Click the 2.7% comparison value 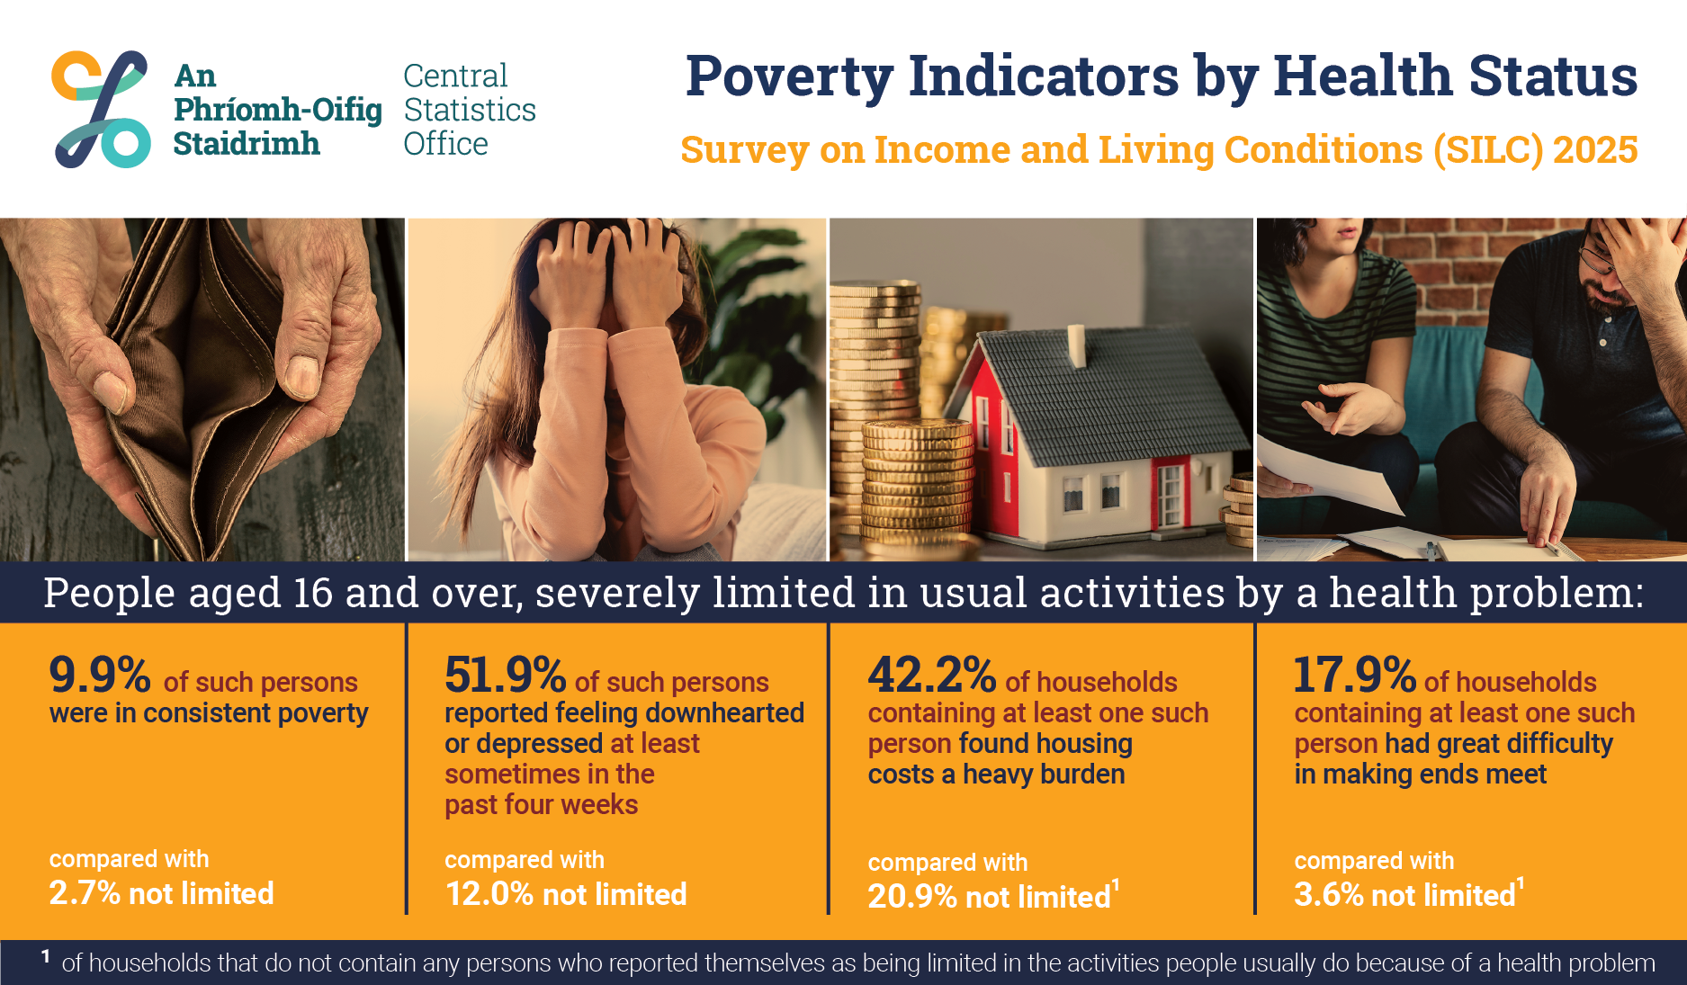click(x=85, y=893)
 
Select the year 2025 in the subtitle click(x=1595, y=149)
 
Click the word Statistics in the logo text click(x=470, y=110)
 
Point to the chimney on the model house click(x=1076, y=345)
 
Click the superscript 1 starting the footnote click(x=45, y=956)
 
